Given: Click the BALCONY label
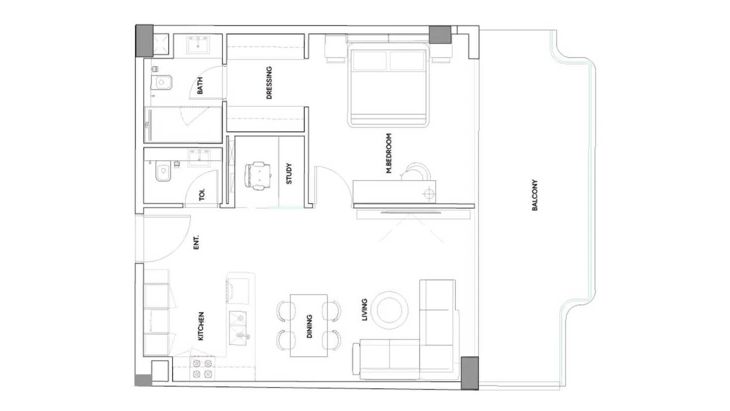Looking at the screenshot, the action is [x=535, y=195].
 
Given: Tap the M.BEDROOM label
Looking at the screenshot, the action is [x=389, y=153].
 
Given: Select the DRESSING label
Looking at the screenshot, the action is [x=269, y=83].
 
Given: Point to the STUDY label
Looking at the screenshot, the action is [x=289, y=174].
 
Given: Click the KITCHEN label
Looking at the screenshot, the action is [x=201, y=326].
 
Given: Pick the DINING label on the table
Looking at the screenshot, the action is [x=309, y=326].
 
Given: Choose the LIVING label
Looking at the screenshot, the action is [x=364, y=310].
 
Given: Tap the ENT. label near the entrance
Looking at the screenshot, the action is [x=197, y=243].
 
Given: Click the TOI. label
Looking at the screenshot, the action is [x=202, y=194].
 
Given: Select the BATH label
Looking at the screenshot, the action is [x=200, y=86].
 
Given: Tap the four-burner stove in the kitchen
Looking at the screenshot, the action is [x=202, y=368].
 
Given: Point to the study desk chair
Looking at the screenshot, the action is [x=258, y=175].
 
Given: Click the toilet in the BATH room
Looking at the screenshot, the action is [x=162, y=82].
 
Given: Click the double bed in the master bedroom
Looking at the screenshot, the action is [x=388, y=84].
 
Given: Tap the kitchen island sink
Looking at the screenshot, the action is [x=238, y=326].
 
